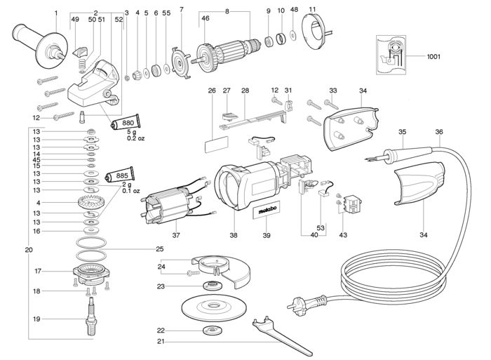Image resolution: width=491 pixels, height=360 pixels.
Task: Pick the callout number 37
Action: click(x=177, y=236)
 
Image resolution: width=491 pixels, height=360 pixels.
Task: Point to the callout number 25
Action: click(x=159, y=249)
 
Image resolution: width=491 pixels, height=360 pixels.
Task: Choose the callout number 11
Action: click(x=312, y=9)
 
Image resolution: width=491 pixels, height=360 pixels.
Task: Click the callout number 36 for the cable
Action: click(x=438, y=131)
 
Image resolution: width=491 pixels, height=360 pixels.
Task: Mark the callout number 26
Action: click(x=212, y=91)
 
